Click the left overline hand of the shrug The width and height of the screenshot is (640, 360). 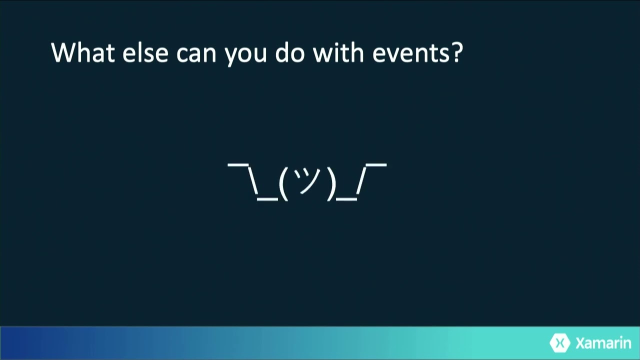[238, 164]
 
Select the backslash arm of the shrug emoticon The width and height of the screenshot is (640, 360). [252, 179]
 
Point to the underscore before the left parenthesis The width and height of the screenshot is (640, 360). [267, 198]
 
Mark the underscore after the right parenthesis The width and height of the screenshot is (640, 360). [346, 198]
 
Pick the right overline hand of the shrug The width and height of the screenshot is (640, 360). [376, 164]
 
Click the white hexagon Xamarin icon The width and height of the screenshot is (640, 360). [560, 343]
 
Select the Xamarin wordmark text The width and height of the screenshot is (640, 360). [603, 343]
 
